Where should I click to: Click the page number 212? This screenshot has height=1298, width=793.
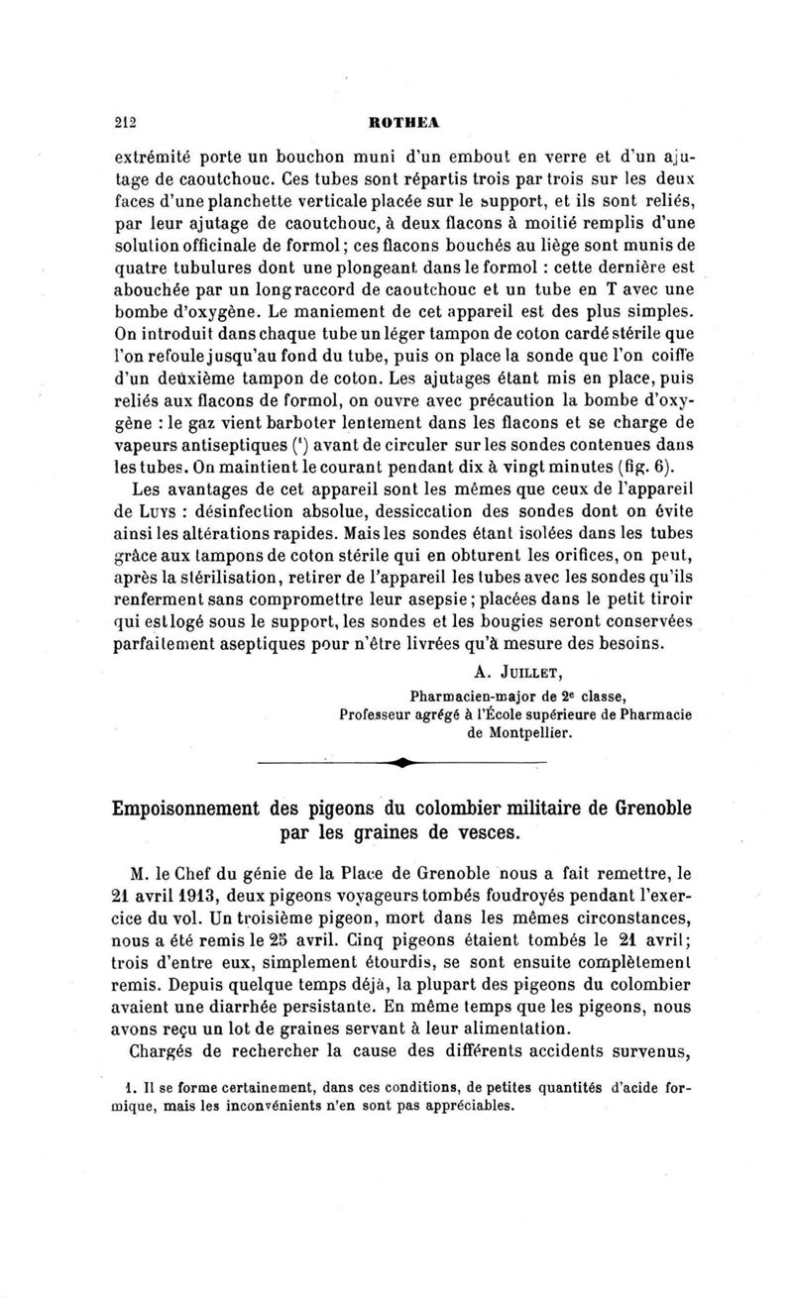124,123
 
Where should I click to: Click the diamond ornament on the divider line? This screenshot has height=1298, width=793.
399,762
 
